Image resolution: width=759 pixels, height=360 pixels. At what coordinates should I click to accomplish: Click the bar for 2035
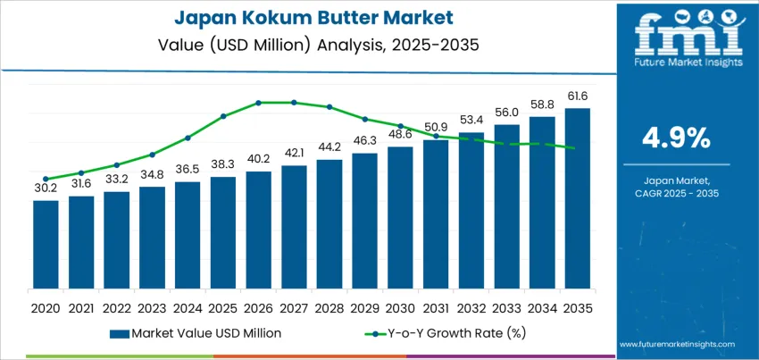(577, 198)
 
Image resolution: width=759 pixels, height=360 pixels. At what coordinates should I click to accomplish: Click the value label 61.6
(577, 96)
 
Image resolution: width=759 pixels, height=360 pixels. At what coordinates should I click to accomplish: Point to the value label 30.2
(46, 189)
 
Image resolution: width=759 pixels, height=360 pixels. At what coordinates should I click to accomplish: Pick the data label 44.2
(329, 147)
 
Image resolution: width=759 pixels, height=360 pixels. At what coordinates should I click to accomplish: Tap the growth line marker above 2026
(259, 103)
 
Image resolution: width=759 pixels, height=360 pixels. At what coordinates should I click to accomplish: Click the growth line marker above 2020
(46, 179)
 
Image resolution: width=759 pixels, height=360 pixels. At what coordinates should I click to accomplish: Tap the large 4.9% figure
(676, 138)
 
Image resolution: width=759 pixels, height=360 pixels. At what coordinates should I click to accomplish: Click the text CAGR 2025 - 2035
(676, 193)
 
